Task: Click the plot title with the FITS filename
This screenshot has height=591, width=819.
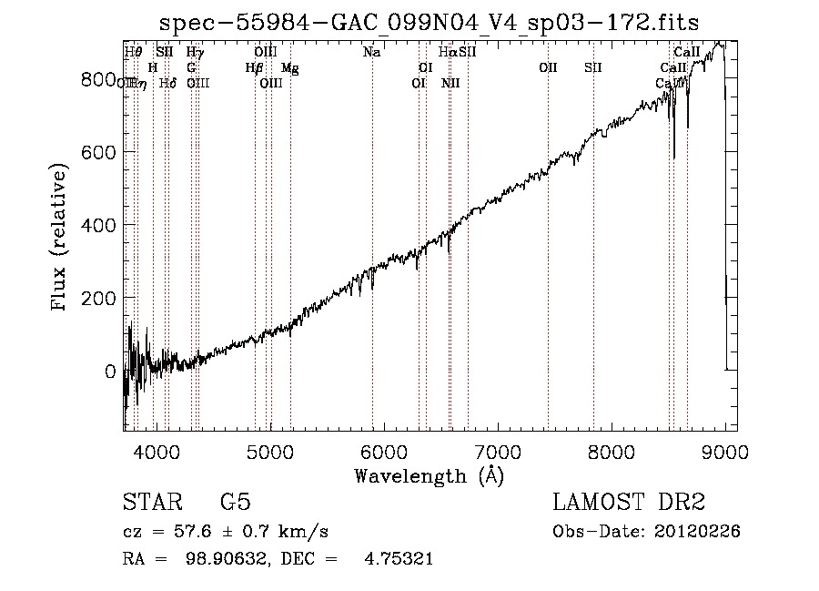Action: click(430, 22)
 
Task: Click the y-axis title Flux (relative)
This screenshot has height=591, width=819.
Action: click(60, 238)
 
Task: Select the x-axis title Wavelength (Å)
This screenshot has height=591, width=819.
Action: click(429, 474)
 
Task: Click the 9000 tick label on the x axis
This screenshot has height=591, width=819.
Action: click(725, 451)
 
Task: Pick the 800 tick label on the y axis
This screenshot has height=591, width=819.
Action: click(98, 79)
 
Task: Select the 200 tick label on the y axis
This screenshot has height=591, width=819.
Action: click(98, 298)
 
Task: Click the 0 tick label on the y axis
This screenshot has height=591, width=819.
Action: click(109, 371)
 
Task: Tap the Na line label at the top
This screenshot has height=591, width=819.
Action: click(371, 53)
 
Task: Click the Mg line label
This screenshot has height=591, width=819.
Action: click(289, 68)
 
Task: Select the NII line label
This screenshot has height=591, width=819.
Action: click(450, 84)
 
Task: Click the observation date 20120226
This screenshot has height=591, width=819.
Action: click(700, 532)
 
